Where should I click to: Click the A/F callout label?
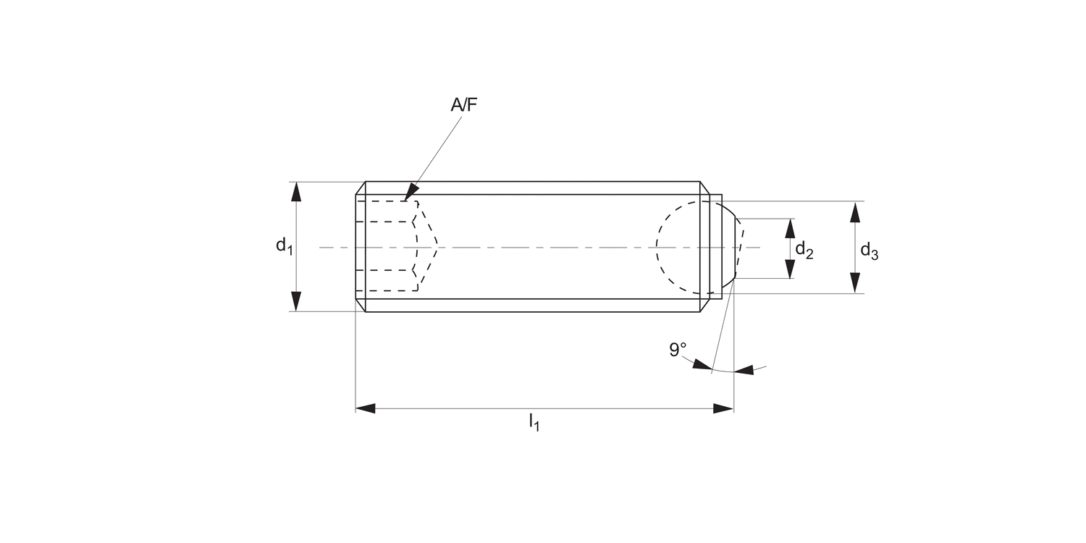point(464,105)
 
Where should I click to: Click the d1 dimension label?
point(284,246)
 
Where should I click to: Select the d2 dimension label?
point(804,251)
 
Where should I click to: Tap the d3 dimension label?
point(869,252)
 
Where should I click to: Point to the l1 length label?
point(534,421)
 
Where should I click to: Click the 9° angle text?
point(678,350)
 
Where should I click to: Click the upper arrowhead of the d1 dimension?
point(296,191)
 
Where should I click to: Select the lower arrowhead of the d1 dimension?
point(296,302)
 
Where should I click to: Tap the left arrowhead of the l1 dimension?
point(366,409)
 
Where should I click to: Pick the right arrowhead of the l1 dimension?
point(723,409)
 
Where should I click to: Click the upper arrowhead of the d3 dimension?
point(855,211)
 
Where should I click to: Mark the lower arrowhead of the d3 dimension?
point(855,283)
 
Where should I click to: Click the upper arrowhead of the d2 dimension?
point(790,228)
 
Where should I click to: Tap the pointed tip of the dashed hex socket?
point(437,246)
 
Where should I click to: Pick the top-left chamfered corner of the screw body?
point(361,188)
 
